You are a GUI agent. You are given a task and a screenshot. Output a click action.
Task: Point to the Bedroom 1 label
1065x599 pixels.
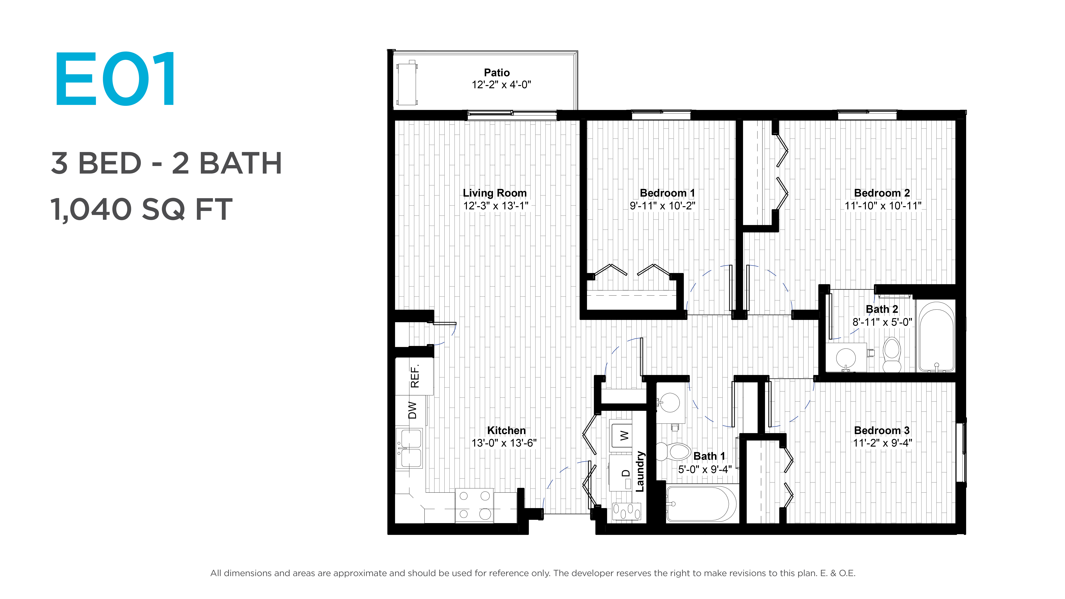pos(667,193)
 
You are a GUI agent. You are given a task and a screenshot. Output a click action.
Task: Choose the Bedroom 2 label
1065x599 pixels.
pos(882,193)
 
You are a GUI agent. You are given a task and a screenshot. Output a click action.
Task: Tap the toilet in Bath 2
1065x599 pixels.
pos(892,355)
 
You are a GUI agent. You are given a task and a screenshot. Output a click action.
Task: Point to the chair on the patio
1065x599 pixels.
pos(407,83)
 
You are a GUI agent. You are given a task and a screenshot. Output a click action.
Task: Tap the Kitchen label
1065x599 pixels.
pos(506,430)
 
